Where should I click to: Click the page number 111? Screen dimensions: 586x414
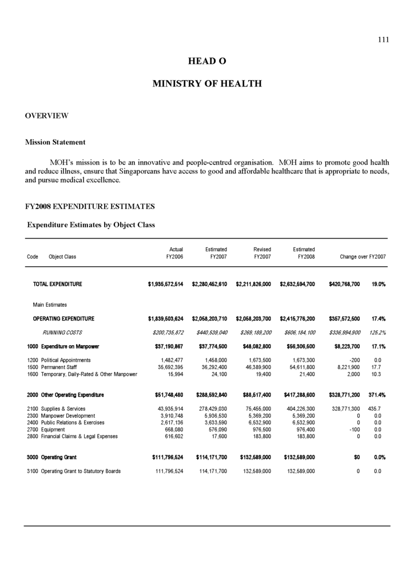383,39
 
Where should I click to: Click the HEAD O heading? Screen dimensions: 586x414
206,61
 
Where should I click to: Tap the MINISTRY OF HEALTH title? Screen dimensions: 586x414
206,84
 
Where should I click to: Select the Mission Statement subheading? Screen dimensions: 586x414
55,142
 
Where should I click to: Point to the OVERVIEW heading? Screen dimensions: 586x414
46,116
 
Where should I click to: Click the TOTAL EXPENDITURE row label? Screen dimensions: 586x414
57,284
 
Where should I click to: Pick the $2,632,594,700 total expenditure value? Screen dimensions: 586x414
297,284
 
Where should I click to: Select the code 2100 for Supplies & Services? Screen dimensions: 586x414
33,409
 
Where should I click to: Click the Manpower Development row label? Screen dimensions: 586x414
68,415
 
